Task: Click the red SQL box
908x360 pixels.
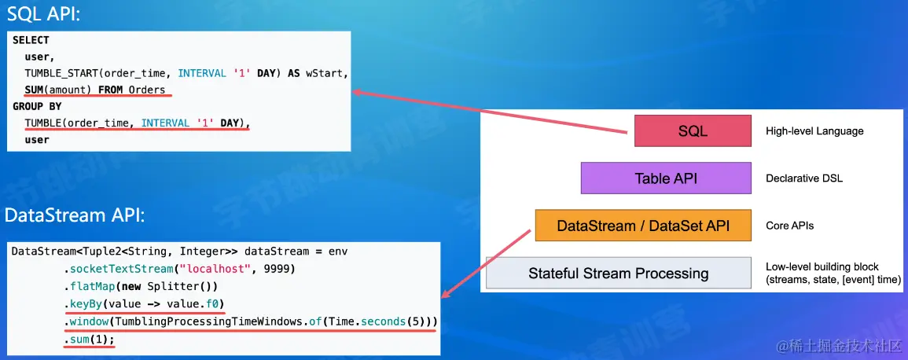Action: (x=693, y=130)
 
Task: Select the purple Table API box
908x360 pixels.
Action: (x=666, y=178)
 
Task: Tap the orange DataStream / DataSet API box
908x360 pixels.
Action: (x=643, y=226)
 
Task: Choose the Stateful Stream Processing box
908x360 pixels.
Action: (x=618, y=274)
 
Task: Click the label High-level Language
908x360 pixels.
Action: (x=814, y=131)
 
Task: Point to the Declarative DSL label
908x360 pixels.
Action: (x=804, y=178)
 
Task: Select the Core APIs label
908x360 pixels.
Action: (x=789, y=226)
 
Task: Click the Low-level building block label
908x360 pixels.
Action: (x=822, y=266)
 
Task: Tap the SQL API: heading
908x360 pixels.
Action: (x=45, y=15)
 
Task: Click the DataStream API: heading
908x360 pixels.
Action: (x=74, y=215)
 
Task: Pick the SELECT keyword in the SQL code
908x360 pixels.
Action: (x=31, y=40)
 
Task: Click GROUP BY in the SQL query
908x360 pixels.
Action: (x=37, y=106)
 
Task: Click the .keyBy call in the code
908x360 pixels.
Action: (x=85, y=304)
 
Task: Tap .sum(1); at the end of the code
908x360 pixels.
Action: (x=90, y=340)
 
